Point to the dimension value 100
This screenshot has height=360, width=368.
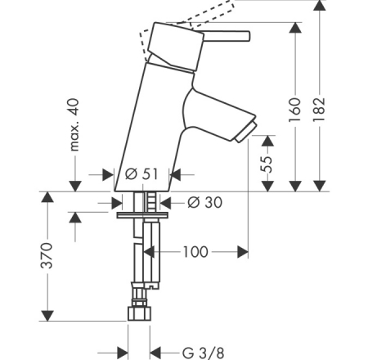coord(194,251)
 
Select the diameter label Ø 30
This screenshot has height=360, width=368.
coord(203,200)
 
